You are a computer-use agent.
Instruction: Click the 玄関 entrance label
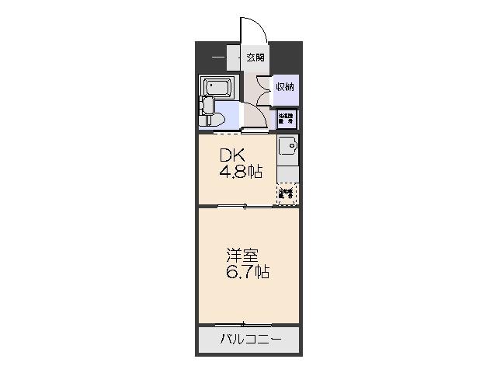tap(255, 58)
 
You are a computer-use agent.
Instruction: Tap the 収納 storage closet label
tap(285, 86)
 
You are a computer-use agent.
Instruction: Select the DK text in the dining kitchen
tap(226, 154)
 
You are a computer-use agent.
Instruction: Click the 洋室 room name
tap(238, 255)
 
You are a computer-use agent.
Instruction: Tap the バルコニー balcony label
tap(248, 339)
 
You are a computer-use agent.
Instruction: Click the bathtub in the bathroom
tap(215, 87)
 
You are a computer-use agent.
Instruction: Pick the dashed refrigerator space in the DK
tap(287, 193)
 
